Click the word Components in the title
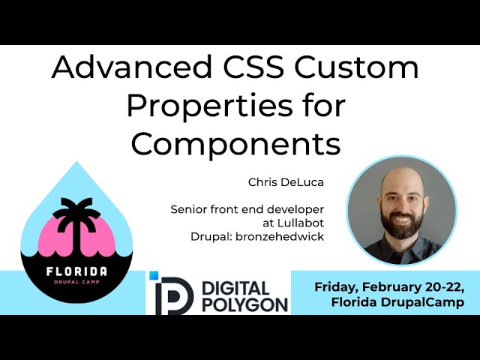click(x=235, y=143)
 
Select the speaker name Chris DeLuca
click(x=279, y=182)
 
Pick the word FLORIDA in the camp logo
click(x=75, y=271)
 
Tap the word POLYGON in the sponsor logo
click(x=245, y=304)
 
